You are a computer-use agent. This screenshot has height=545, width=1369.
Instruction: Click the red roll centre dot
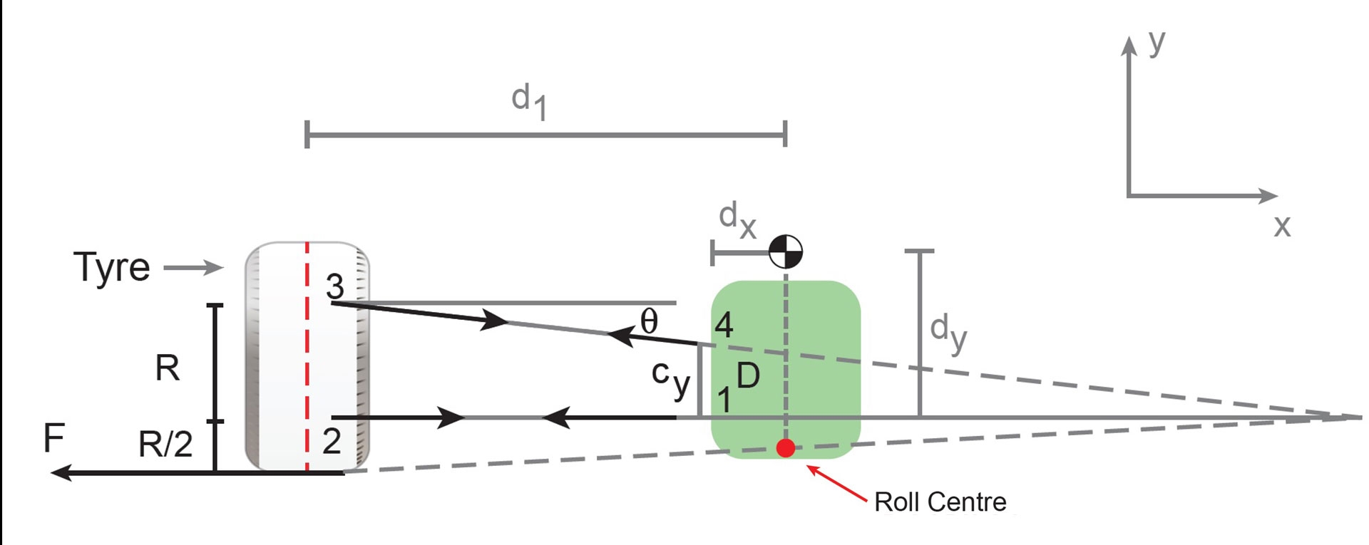click(786, 448)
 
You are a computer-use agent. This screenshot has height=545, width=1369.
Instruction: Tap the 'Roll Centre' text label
click(940, 502)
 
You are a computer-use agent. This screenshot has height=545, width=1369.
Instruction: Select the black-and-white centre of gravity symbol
click(786, 251)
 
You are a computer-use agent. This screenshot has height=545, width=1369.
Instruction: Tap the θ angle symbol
click(648, 322)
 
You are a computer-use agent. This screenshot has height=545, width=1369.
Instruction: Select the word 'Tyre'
click(112, 269)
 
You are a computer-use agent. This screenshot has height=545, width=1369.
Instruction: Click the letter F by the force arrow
click(54, 438)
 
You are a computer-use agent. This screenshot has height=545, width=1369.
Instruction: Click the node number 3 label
click(334, 287)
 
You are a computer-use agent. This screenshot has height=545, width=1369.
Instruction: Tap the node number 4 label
click(724, 326)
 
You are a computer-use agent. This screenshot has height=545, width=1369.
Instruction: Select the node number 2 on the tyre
click(332, 442)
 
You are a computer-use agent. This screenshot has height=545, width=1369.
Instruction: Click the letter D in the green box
click(748, 376)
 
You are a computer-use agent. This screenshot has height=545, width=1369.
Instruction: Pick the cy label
click(670, 378)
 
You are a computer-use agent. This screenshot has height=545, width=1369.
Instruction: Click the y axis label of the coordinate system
click(1157, 43)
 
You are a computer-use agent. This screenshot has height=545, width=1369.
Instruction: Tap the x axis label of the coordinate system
click(1282, 226)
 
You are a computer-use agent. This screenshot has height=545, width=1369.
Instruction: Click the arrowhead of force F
click(61, 472)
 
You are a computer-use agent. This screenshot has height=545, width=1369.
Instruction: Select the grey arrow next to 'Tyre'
click(194, 269)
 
